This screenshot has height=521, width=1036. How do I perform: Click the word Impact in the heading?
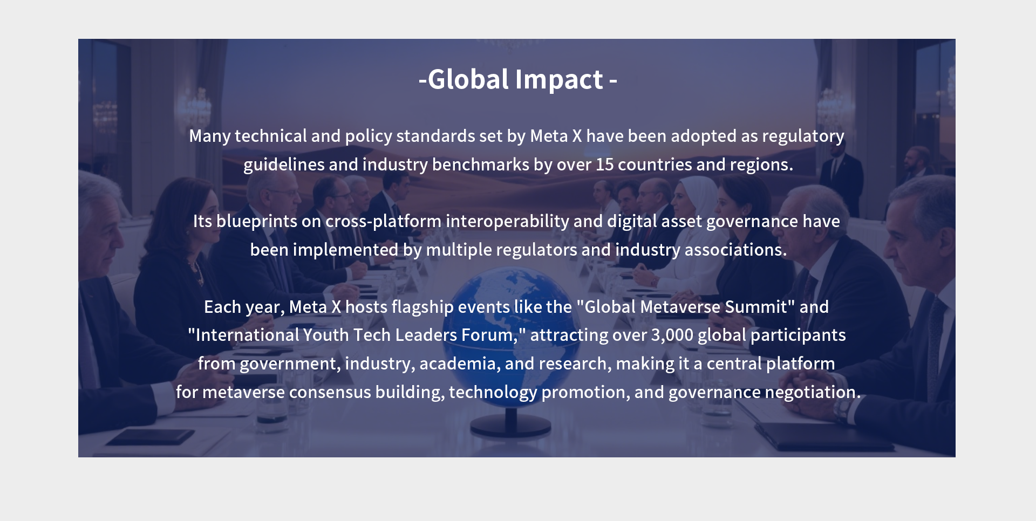(x=559, y=80)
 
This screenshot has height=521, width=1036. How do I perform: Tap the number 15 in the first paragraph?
(x=604, y=164)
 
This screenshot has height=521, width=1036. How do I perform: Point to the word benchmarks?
(x=481, y=164)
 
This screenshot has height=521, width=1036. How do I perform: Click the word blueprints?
(x=257, y=222)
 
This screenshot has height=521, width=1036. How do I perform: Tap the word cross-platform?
(x=383, y=222)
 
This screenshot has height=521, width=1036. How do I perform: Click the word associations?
(x=735, y=250)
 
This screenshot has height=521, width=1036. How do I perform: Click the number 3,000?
(x=672, y=335)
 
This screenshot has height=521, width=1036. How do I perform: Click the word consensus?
(x=330, y=393)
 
